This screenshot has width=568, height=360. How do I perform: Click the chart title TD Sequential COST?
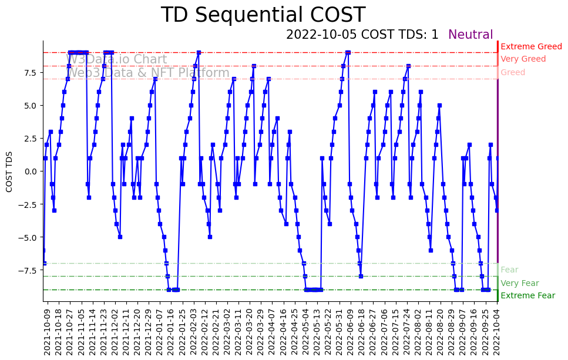tap(263, 15)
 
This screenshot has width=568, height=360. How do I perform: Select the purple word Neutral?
tap(470, 35)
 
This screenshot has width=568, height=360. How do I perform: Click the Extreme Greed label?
tap(531, 46)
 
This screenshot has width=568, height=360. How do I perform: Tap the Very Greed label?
tap(523, 59)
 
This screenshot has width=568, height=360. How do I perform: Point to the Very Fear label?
tap(519, 283)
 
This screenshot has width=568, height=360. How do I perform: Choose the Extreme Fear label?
tap(527, 296)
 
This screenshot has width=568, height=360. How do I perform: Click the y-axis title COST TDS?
tap(9, 171)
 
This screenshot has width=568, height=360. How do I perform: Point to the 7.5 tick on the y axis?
tap(31, 72)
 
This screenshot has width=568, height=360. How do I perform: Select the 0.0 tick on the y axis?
tap(31, 171)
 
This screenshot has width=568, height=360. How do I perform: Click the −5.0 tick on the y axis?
tap(29, 237)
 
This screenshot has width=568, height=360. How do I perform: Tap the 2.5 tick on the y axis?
tap(31, 138)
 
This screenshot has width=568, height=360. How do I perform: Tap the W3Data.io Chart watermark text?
tap(116, 59)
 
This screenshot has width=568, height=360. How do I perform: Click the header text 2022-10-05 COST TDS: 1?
tap(362, 35)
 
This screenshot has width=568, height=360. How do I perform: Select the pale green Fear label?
tap(509, 270)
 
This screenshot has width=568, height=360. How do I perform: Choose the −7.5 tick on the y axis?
tap(29, 270)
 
